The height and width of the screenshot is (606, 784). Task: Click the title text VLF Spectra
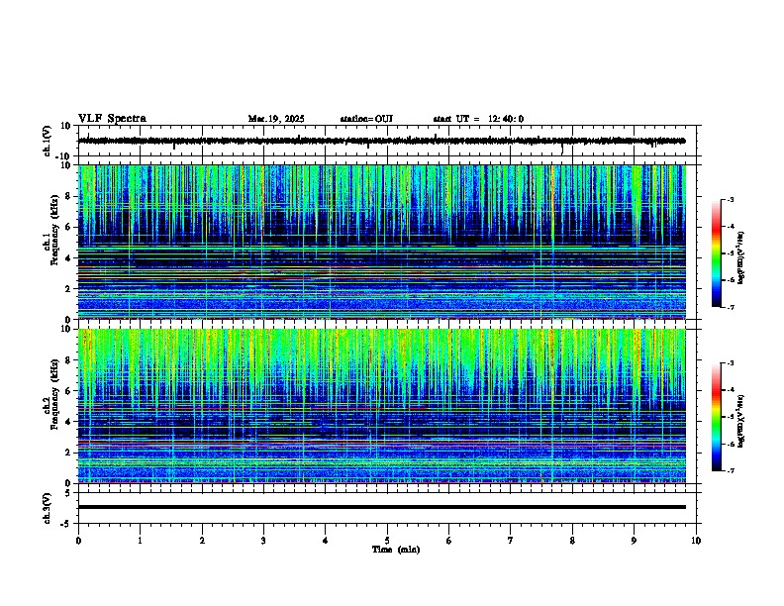click(112, 119)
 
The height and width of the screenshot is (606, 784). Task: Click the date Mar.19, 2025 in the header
click(276, 119)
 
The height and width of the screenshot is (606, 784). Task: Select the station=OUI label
click(366, 119)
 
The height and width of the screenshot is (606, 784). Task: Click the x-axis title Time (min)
click(395, 549)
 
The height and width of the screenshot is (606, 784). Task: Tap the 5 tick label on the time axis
click(387, 540)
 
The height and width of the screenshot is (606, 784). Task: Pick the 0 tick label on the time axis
click(78, 540)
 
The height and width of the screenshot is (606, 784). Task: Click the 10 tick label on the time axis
click(696, 540)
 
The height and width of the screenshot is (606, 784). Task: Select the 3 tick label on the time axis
click(263, 540)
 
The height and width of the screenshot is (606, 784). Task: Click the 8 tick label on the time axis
click(572, 540)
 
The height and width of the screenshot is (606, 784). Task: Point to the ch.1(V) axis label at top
click(48, 142)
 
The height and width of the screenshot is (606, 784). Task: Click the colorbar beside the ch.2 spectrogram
click(716, 417)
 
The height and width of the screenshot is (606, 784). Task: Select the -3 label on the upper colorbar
click(730, 200)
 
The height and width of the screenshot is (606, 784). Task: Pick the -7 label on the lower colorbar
click(730, 471)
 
